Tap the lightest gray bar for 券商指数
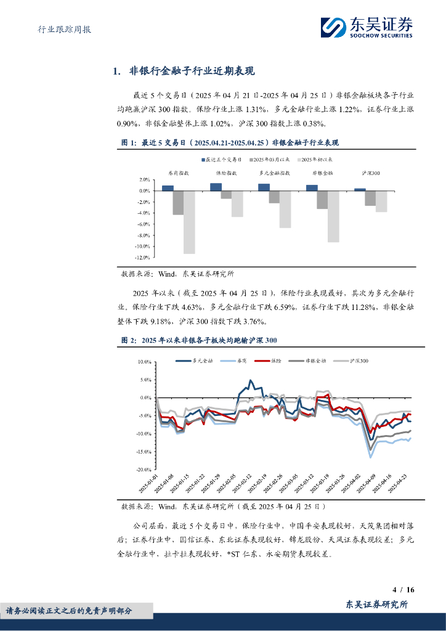[189, 222]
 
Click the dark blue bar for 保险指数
[216, 187]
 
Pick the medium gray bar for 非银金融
[322, 200]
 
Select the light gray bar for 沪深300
[381, 202]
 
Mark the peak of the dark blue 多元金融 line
[250, 380]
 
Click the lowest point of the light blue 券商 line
[370, 457]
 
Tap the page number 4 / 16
[403, 590]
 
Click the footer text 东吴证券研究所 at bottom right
[377, 605]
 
